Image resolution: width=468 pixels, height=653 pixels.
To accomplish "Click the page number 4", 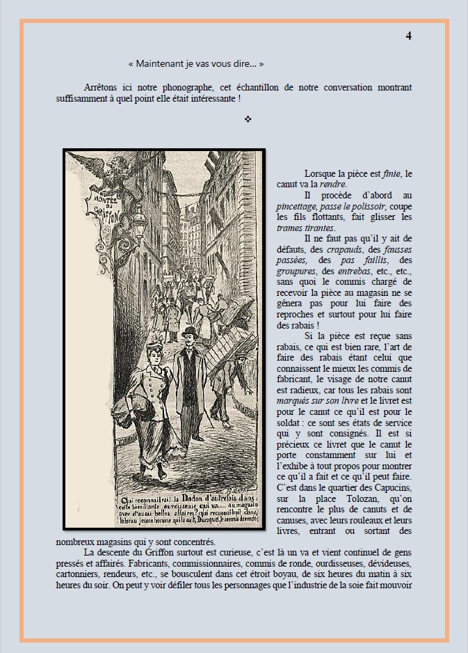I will [409, 36].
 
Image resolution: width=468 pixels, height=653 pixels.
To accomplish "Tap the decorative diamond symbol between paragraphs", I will [248, 120].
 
